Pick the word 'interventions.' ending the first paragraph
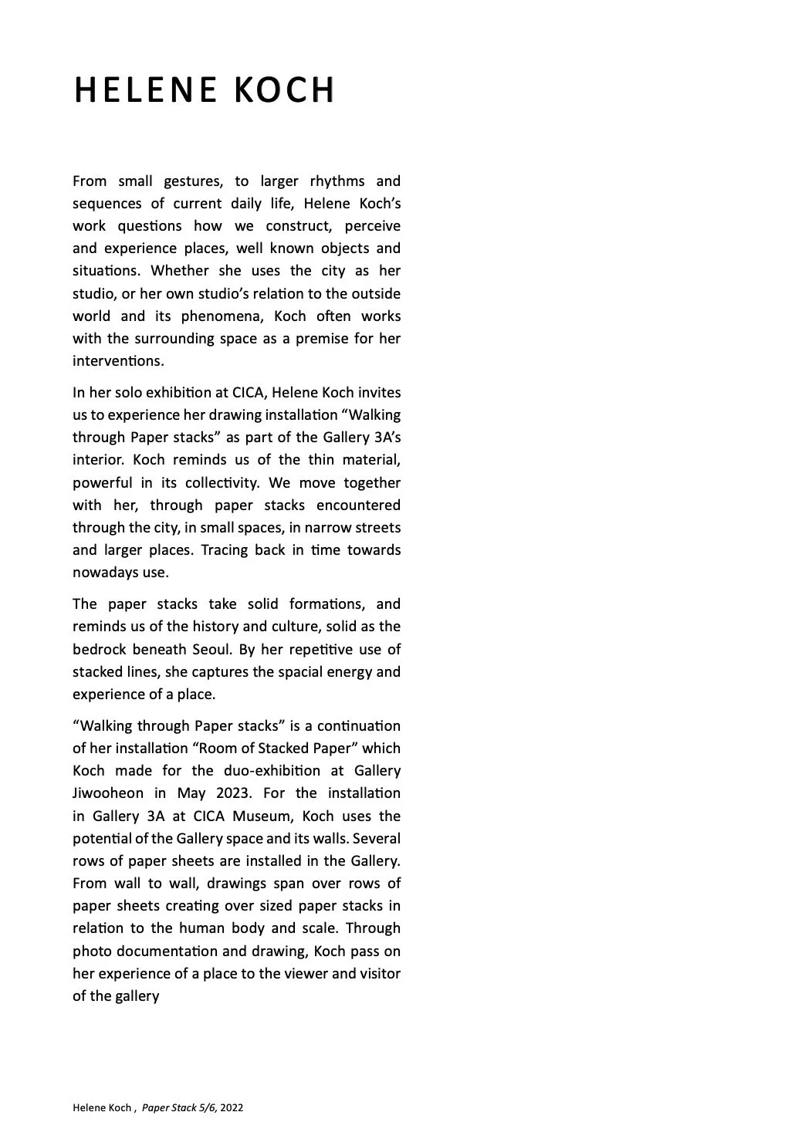[x=118, y=361]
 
